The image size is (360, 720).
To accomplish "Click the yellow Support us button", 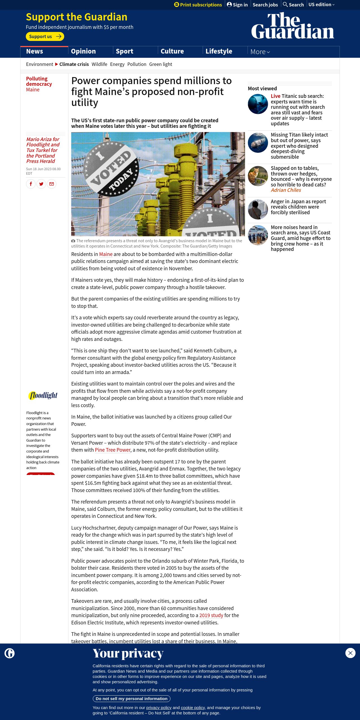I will [45, 36].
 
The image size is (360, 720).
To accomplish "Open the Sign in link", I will [237, 5].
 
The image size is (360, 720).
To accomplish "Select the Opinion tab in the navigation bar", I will [83, 51].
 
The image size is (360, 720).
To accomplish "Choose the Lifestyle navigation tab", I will [219, 51].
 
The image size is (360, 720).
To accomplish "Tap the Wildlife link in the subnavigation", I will [99, 64].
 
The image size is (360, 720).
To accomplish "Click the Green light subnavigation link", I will [160, 64].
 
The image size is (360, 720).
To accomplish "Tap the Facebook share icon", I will [31, 184].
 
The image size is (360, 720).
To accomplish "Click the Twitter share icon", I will [41, 184].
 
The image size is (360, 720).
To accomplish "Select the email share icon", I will [52, 184].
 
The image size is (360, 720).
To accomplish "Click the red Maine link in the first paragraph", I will [106, 254].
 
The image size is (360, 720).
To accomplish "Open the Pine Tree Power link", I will [113, 450].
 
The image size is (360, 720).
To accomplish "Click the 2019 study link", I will [211, 615].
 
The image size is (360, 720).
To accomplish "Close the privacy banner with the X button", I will [350, 653].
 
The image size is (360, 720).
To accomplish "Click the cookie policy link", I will [193, 708].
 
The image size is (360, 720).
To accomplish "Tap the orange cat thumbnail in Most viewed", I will [258, 176].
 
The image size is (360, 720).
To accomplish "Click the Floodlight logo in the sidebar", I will [43, 395].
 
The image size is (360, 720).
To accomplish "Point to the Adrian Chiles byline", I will [286, 190].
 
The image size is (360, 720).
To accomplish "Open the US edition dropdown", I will [321, 5].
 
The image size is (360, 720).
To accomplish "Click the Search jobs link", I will [265, 5].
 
